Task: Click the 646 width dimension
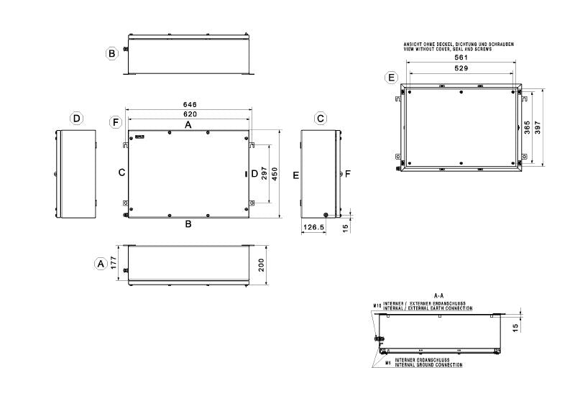tap(189, 105)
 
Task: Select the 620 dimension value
tap(189, 114)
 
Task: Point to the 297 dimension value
tap(265, 175)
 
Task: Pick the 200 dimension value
tap(261, 264)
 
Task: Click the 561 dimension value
tap(460, 57)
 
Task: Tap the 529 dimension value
tap(460, 68)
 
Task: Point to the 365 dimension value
tap(528, 127)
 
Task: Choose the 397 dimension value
tap(538, 127)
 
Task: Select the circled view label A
tap(101, 264)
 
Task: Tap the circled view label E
tap(391, 77)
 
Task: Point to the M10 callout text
tap(377, 305)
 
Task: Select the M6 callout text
tap(387, 363)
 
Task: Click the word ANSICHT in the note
tap(415, 45)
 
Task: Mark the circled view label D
tap(77, 118)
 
